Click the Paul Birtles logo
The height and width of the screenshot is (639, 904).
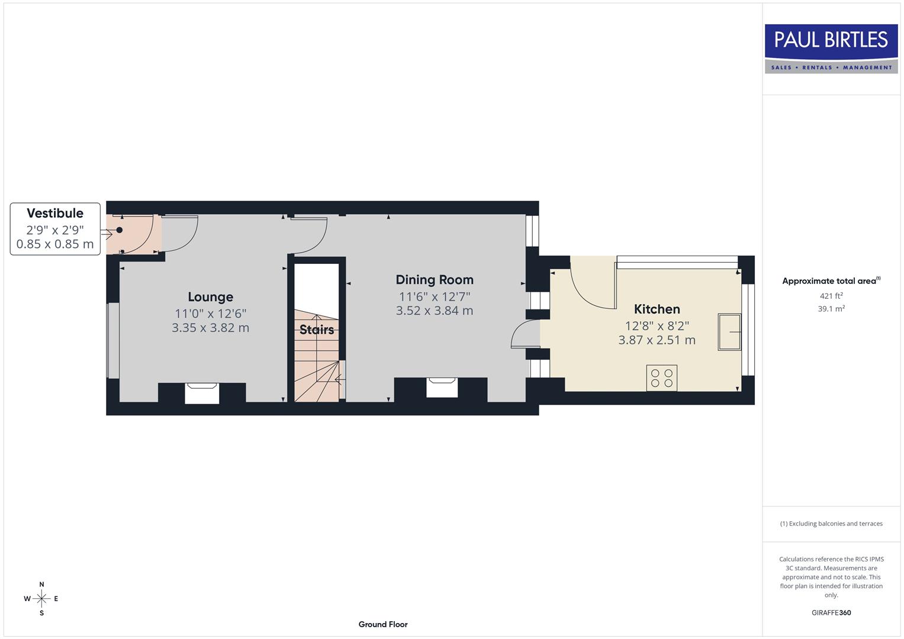[831, 49]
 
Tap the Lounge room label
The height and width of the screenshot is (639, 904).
[210, 297]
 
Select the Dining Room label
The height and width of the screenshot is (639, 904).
[435, 280]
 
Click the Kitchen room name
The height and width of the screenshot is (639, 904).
[657, 309]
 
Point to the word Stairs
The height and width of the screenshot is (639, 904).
[317, 330]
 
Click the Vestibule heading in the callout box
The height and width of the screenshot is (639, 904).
[55, 213]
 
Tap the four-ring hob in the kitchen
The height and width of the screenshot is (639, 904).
[661, 378]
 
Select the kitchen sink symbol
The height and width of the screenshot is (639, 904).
[729, 332]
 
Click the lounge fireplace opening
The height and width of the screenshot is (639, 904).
[202, 393]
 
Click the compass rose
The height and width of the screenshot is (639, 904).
[41, 599]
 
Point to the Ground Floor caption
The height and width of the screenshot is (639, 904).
[383, 624]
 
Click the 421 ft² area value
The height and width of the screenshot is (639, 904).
[831, 296]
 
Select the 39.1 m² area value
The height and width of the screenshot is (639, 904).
[831, 309]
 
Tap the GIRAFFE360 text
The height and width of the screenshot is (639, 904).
[831, 612]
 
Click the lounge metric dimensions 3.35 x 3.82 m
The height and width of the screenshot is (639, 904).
[210, 328]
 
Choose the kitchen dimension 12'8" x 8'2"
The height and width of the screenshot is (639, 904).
[657, 325]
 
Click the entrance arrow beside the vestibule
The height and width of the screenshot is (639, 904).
[107, 234]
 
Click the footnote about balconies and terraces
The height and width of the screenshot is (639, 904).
[831, 524]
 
